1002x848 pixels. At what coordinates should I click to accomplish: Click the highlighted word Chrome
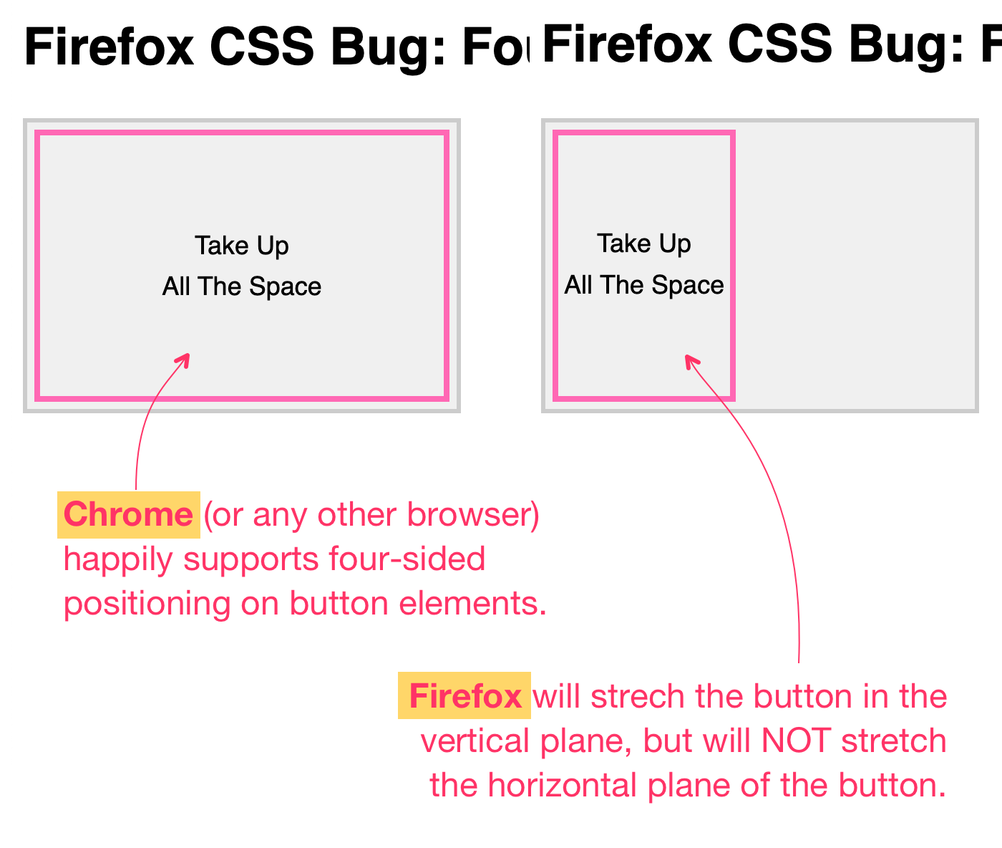tap(128, 514)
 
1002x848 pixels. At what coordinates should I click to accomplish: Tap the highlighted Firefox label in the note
tap(464, 696)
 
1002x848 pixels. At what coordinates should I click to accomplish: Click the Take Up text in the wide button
tap(242, 246)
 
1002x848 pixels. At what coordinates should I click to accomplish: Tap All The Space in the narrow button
tap(644, 285)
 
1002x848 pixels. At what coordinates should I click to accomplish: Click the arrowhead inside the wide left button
tap(185, 358)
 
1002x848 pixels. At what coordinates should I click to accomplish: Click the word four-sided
tap(407, 559)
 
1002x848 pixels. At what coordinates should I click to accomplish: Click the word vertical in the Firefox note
tap(475, 741)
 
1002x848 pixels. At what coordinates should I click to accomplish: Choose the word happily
tap(118, 559)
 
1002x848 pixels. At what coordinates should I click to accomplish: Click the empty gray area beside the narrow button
tap(855, 265)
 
